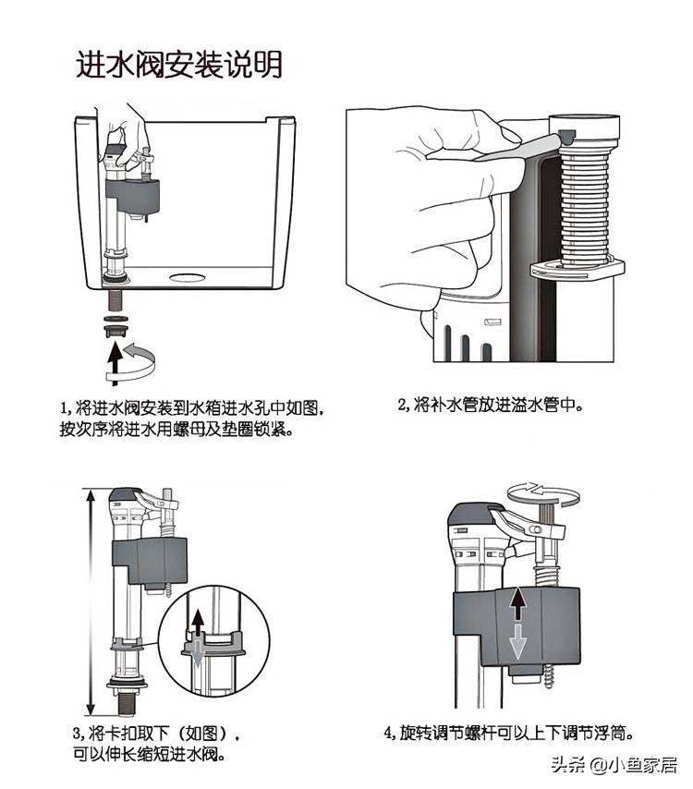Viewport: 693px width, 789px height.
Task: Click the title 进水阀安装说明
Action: coord(178,65)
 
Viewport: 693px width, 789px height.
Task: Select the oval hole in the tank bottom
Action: coord(188,274)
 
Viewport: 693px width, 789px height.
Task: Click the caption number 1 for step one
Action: coord(65,407)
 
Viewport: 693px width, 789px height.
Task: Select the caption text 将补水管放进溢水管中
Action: coord(500,405)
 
